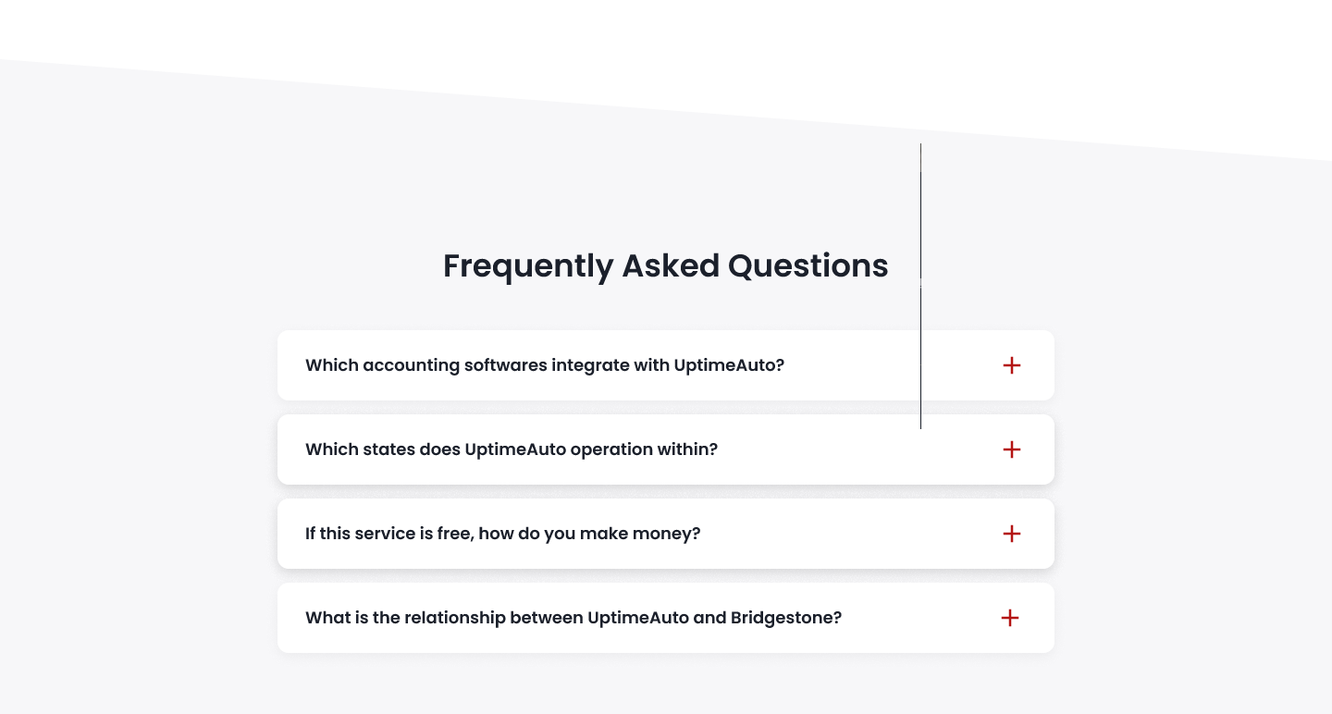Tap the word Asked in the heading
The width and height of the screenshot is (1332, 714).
[671, 265]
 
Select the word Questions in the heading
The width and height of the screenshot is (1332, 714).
[808, 265]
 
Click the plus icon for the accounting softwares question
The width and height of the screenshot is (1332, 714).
[1012, 365]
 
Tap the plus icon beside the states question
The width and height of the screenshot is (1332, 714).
[1012, 449]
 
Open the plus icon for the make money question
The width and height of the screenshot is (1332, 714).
[1012, 534]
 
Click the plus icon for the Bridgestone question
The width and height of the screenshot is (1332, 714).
[1010, 619]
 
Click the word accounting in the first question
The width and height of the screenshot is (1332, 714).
[412, 365]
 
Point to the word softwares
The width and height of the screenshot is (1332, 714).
[506, 365]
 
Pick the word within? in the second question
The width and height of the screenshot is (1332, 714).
[687, 449]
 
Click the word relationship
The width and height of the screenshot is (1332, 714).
[455, 619]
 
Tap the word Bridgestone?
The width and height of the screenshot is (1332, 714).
[786, 619]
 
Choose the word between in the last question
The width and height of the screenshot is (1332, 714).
[547, 618]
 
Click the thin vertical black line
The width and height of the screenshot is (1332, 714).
[921, 286]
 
